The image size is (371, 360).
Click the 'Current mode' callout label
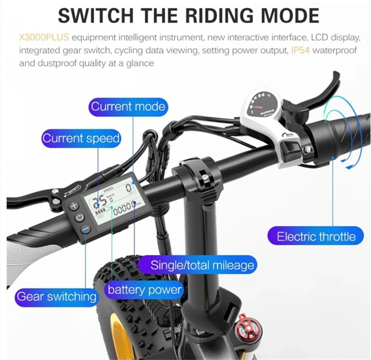127,107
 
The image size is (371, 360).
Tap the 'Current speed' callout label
81,138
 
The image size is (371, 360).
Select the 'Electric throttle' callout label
316,236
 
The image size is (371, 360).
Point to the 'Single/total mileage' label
202,265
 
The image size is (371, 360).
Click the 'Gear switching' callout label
56,297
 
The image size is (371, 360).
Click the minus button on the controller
85,229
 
